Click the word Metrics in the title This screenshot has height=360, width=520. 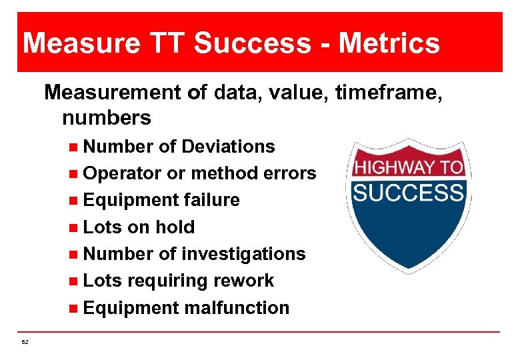point(389,43)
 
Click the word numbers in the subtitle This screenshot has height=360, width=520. point(107,118)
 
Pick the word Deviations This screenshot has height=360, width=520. point(228,146)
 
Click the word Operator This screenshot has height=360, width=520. point(123,173)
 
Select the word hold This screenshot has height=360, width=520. point(175,227)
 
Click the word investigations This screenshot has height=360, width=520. point(243,254)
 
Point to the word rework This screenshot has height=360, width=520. point(244,281)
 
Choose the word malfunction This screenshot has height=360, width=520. point(237,308)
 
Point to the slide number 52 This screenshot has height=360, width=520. point(25,341)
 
